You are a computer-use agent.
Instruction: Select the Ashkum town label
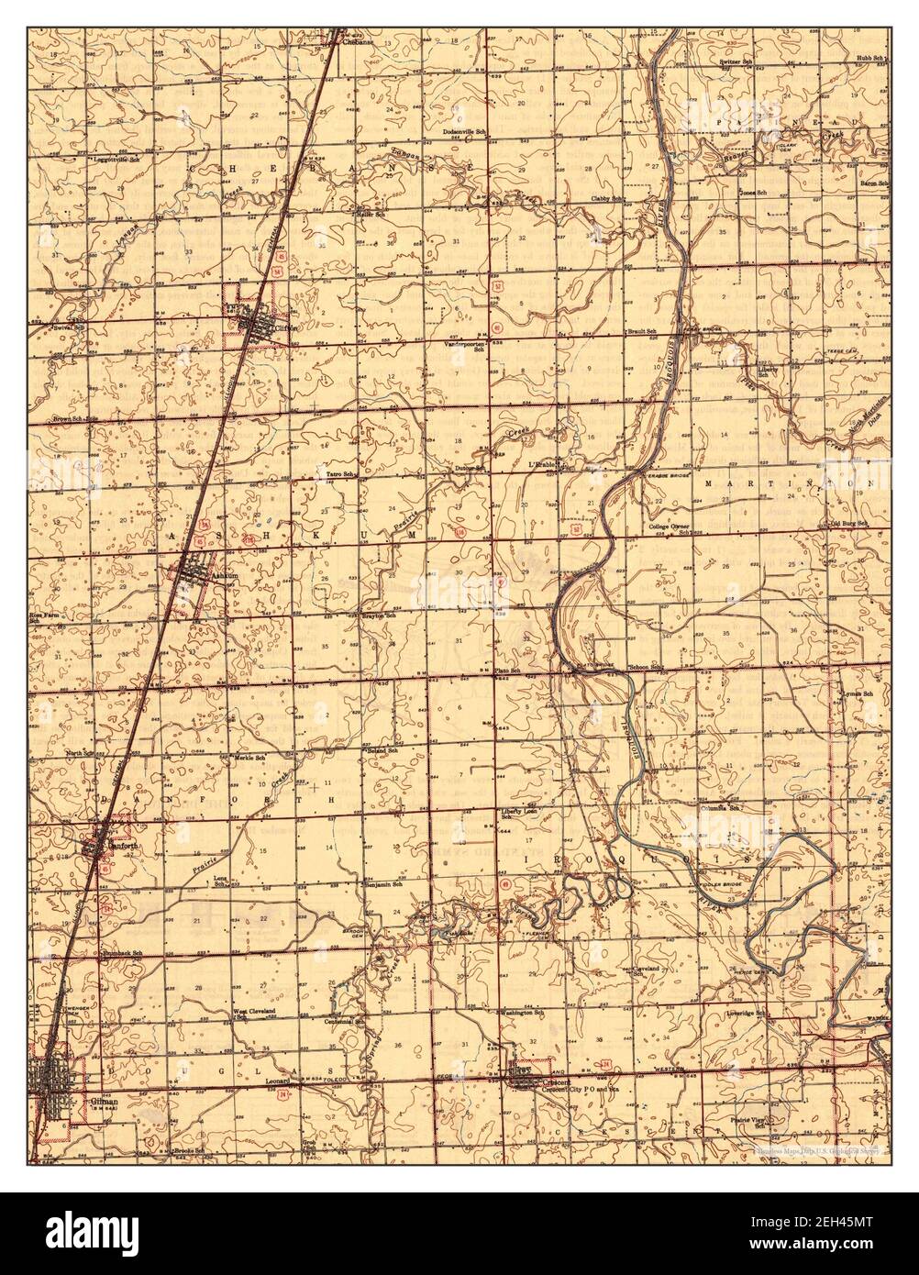point(201,575)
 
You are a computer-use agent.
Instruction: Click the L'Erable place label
point(544,466)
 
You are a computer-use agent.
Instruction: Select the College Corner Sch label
point(669,529)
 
